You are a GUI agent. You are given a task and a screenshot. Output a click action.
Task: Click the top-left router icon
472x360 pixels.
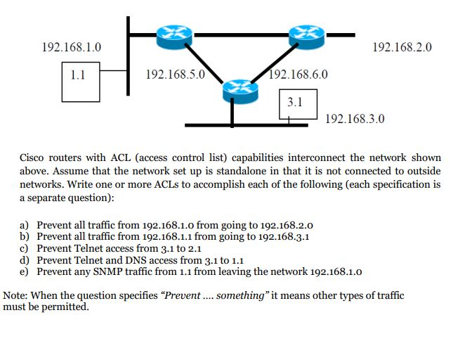(169, 32)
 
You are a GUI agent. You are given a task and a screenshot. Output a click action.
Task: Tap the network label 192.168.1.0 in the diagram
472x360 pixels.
(72, 47)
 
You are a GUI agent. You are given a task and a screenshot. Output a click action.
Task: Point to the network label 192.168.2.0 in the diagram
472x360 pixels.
(402, 47)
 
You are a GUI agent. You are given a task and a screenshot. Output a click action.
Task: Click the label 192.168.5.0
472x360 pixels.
(173, 73)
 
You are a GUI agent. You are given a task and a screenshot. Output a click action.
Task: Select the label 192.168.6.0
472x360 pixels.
(299, 73)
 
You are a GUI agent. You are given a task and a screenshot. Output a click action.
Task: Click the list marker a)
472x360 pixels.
(25, 225)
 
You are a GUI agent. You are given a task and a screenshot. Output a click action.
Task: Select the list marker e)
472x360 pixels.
(25, 271)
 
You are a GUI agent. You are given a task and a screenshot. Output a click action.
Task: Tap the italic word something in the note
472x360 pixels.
(239, 295)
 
